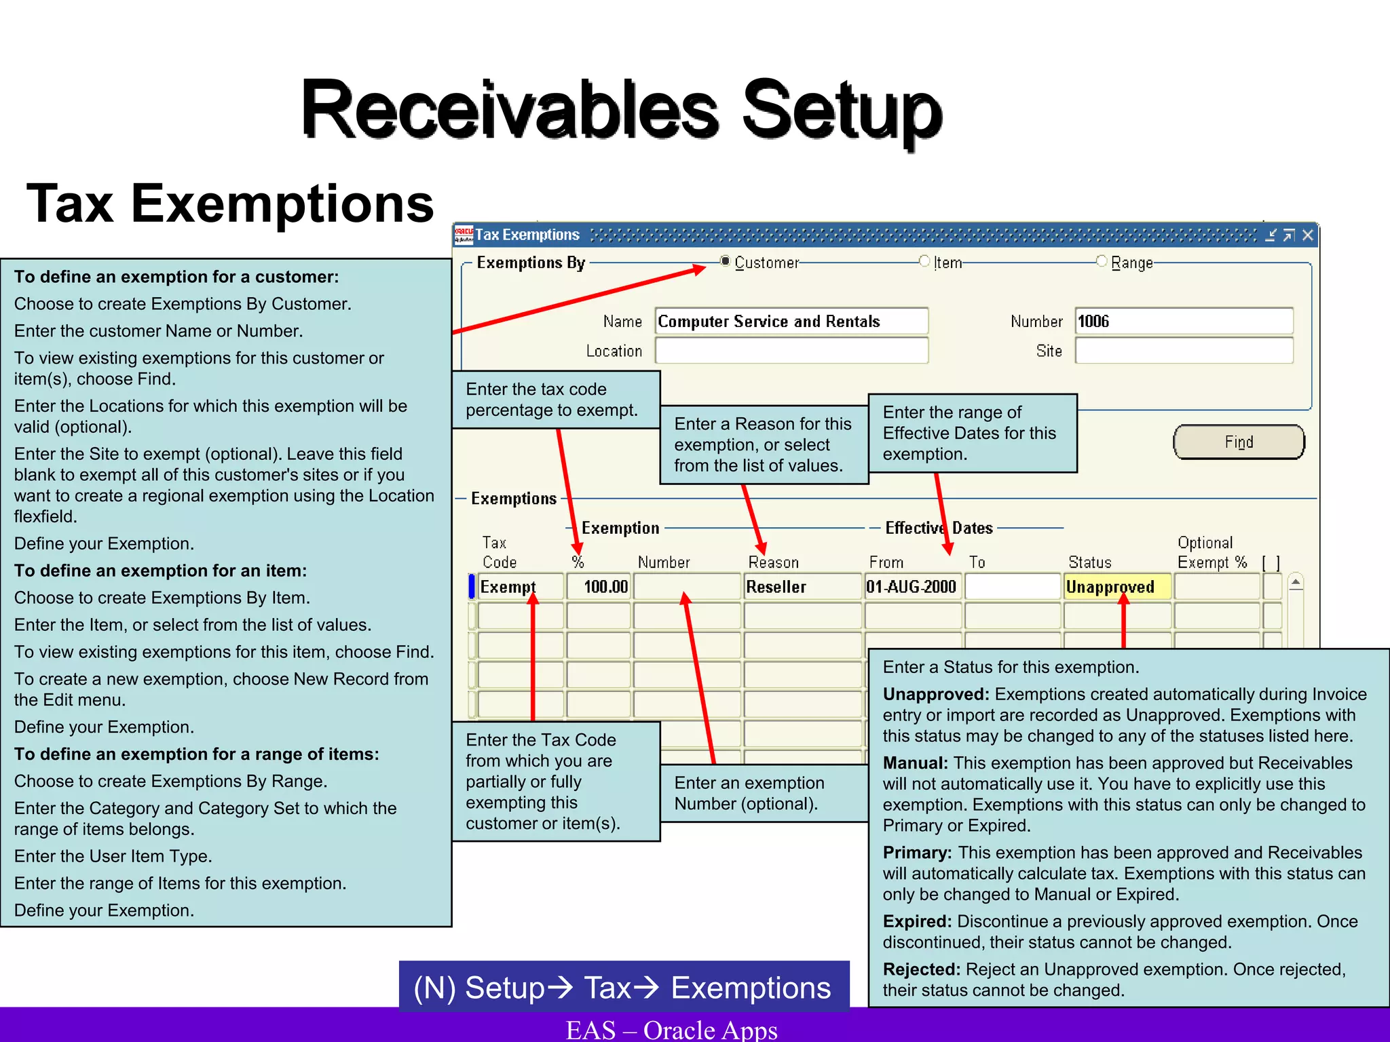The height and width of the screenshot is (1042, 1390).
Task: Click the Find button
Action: [1239, 442]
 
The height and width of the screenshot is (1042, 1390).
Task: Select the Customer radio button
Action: [726, 261]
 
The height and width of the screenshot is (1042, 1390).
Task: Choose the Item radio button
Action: [924, 261]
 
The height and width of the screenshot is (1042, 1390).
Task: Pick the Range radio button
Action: [1102, 261]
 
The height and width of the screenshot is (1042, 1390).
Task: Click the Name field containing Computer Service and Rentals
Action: [791, 321]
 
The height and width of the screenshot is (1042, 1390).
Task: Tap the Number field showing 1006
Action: [1184, 321]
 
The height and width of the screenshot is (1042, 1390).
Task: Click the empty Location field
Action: [791, 351]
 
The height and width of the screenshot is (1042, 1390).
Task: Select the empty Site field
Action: [1184, 351]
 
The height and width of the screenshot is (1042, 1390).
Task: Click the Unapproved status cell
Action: [1116, 587]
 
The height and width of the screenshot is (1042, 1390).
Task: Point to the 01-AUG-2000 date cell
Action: [912, 587]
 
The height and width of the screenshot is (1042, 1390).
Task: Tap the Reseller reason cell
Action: [801, 587]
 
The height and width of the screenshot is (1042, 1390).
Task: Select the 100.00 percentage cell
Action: [599, 587]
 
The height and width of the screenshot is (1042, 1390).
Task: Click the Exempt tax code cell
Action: [520, 587]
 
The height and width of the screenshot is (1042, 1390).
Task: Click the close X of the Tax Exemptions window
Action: [1308, 235]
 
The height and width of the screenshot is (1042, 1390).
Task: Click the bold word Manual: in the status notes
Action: [915, 763]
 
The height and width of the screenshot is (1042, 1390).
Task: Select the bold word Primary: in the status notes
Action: [917, 853]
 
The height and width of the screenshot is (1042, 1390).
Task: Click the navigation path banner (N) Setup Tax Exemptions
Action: [623, 988]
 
